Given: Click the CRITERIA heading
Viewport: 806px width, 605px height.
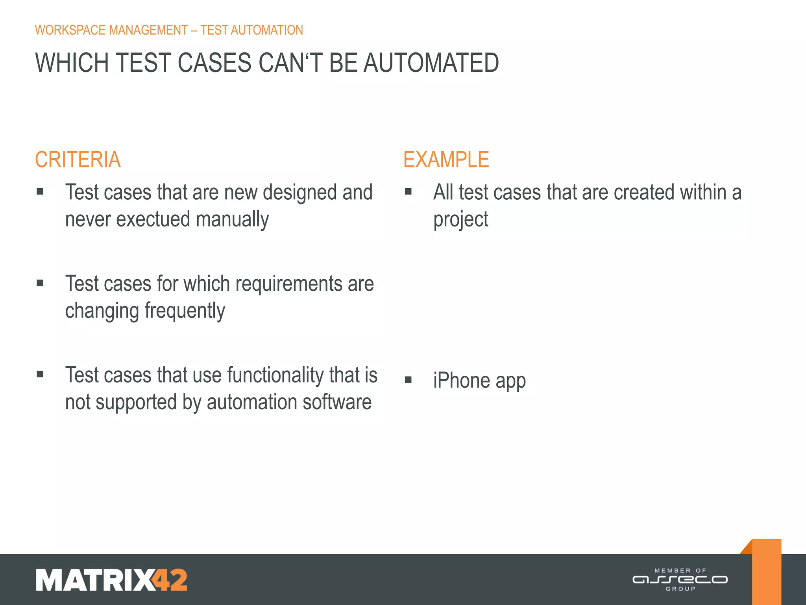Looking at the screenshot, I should point(78,160).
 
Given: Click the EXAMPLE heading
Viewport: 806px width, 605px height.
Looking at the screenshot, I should point(446,160).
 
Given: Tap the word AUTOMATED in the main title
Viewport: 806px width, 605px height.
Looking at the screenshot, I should point(431,63).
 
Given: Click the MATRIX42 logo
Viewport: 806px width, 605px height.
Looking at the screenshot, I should point(111,580).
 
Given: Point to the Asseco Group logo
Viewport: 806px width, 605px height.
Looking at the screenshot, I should point(680,580).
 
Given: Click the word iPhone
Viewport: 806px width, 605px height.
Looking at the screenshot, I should point(461,380).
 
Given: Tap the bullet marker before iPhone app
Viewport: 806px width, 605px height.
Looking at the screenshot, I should point(408,380).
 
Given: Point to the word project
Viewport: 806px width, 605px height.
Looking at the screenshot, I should point(460,219).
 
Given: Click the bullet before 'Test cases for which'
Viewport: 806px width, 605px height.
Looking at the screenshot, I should point(40,283).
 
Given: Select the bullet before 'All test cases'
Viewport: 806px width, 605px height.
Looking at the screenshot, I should point(408,192).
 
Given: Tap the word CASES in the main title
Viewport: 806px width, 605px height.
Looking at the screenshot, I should point(214,63).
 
